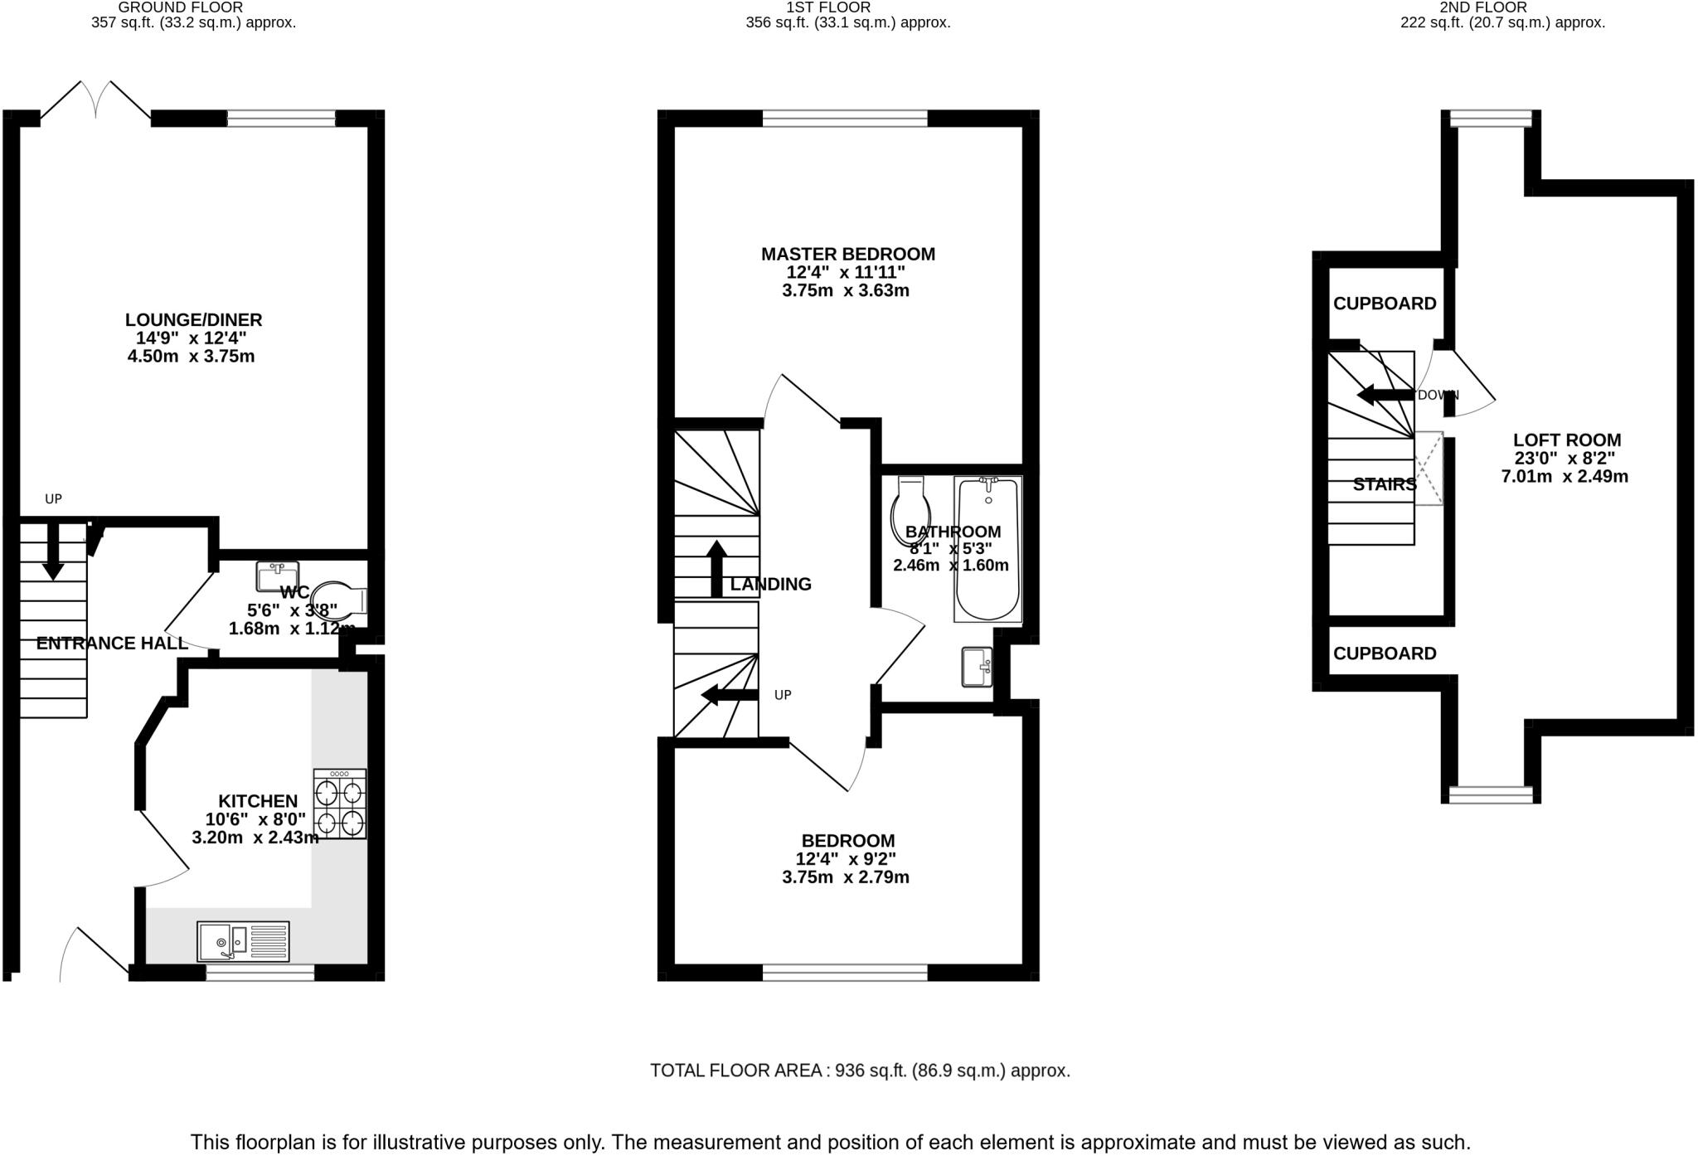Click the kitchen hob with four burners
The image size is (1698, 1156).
(340, 804)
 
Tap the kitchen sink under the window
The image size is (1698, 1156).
(243, 941)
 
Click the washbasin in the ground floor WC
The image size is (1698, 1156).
(277, 576)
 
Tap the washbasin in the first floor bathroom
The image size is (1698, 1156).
(977, 667)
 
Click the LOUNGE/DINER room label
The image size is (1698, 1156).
(193, 320)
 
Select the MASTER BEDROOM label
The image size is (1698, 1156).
(847, 255)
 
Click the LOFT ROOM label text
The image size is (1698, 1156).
(1566, 440)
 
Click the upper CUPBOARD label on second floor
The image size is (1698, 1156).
(1384, 304)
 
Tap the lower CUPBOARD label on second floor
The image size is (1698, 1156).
(1384, 653)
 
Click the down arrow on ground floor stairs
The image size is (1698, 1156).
(53, 551)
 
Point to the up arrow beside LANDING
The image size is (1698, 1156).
(717, 568)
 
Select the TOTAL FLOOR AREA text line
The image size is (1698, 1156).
(860, 1071)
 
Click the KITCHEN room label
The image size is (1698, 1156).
(258, 801)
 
